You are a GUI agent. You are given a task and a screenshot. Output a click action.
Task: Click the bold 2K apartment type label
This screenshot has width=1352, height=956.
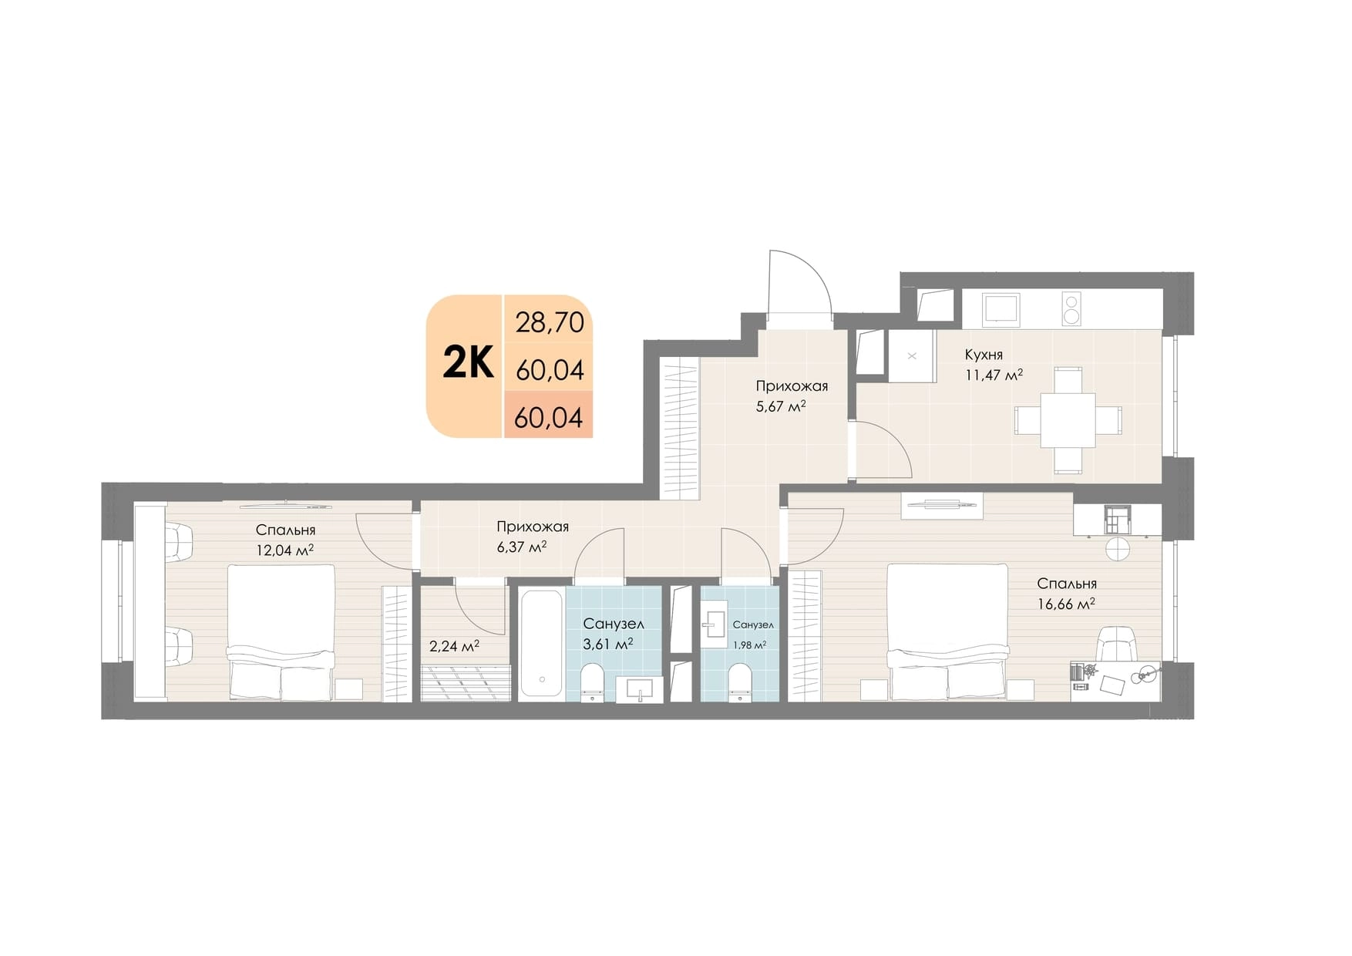pyautogui.click(x=468, y=363)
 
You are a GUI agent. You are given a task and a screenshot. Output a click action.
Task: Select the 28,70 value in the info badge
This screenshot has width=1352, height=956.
pyautogui.click(x=550, y=322)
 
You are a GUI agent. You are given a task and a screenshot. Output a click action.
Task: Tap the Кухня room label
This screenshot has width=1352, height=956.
pyautogui.click(x=984, y=355)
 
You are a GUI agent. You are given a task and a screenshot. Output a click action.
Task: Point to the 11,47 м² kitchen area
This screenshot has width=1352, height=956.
pyautogui.click(x=994, y=375)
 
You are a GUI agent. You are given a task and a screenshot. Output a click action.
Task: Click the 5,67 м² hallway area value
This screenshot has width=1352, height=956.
pyautogui.click(x=781, y=406)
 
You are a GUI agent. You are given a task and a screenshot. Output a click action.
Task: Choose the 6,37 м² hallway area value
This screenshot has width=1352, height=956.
pyautogui.click(x=522, y=547)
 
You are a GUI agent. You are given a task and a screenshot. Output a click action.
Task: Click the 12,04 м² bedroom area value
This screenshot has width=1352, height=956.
pyautogui.click(x=284, y=550)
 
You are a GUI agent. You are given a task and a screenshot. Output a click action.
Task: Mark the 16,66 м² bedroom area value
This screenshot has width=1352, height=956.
pyautogui.click(x=1066, y=604)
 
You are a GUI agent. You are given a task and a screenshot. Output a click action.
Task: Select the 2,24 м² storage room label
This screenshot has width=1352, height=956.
pyautogui.click(x=454, y=646)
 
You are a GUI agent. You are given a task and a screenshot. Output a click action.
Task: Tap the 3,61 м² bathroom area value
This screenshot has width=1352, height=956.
pyautogui.click(x=608, y=644)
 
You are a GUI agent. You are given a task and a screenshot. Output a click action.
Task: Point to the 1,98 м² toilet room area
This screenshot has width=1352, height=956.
pyautogui.click(x=749, y=646)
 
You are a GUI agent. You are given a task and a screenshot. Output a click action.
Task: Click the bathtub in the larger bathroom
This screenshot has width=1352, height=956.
pyautogui.click(x=541, y=643)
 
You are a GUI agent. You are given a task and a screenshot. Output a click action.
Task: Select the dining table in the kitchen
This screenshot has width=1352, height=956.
pyautogui.click(x=1068, y=420)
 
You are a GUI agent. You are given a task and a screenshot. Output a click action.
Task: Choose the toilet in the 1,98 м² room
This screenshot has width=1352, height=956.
pyautogui.click(x=740, y=682)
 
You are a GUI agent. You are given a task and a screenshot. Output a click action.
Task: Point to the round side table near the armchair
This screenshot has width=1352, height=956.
pyautogui.click(x=1117, y=549)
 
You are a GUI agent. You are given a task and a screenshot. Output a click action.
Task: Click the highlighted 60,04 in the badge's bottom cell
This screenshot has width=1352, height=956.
pyautogui.click(x=548, y=418)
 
